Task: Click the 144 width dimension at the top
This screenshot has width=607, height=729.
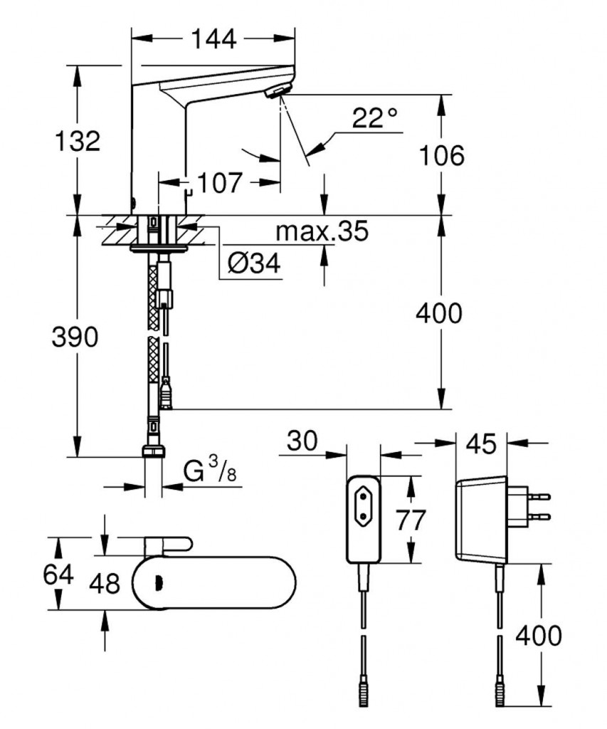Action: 213,39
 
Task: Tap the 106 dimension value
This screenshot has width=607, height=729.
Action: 441,154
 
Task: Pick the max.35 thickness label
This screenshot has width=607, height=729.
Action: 322,231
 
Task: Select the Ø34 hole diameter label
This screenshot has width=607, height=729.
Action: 254,264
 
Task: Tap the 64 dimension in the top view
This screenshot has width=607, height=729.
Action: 57,574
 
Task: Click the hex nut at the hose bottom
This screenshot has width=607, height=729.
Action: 154,451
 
